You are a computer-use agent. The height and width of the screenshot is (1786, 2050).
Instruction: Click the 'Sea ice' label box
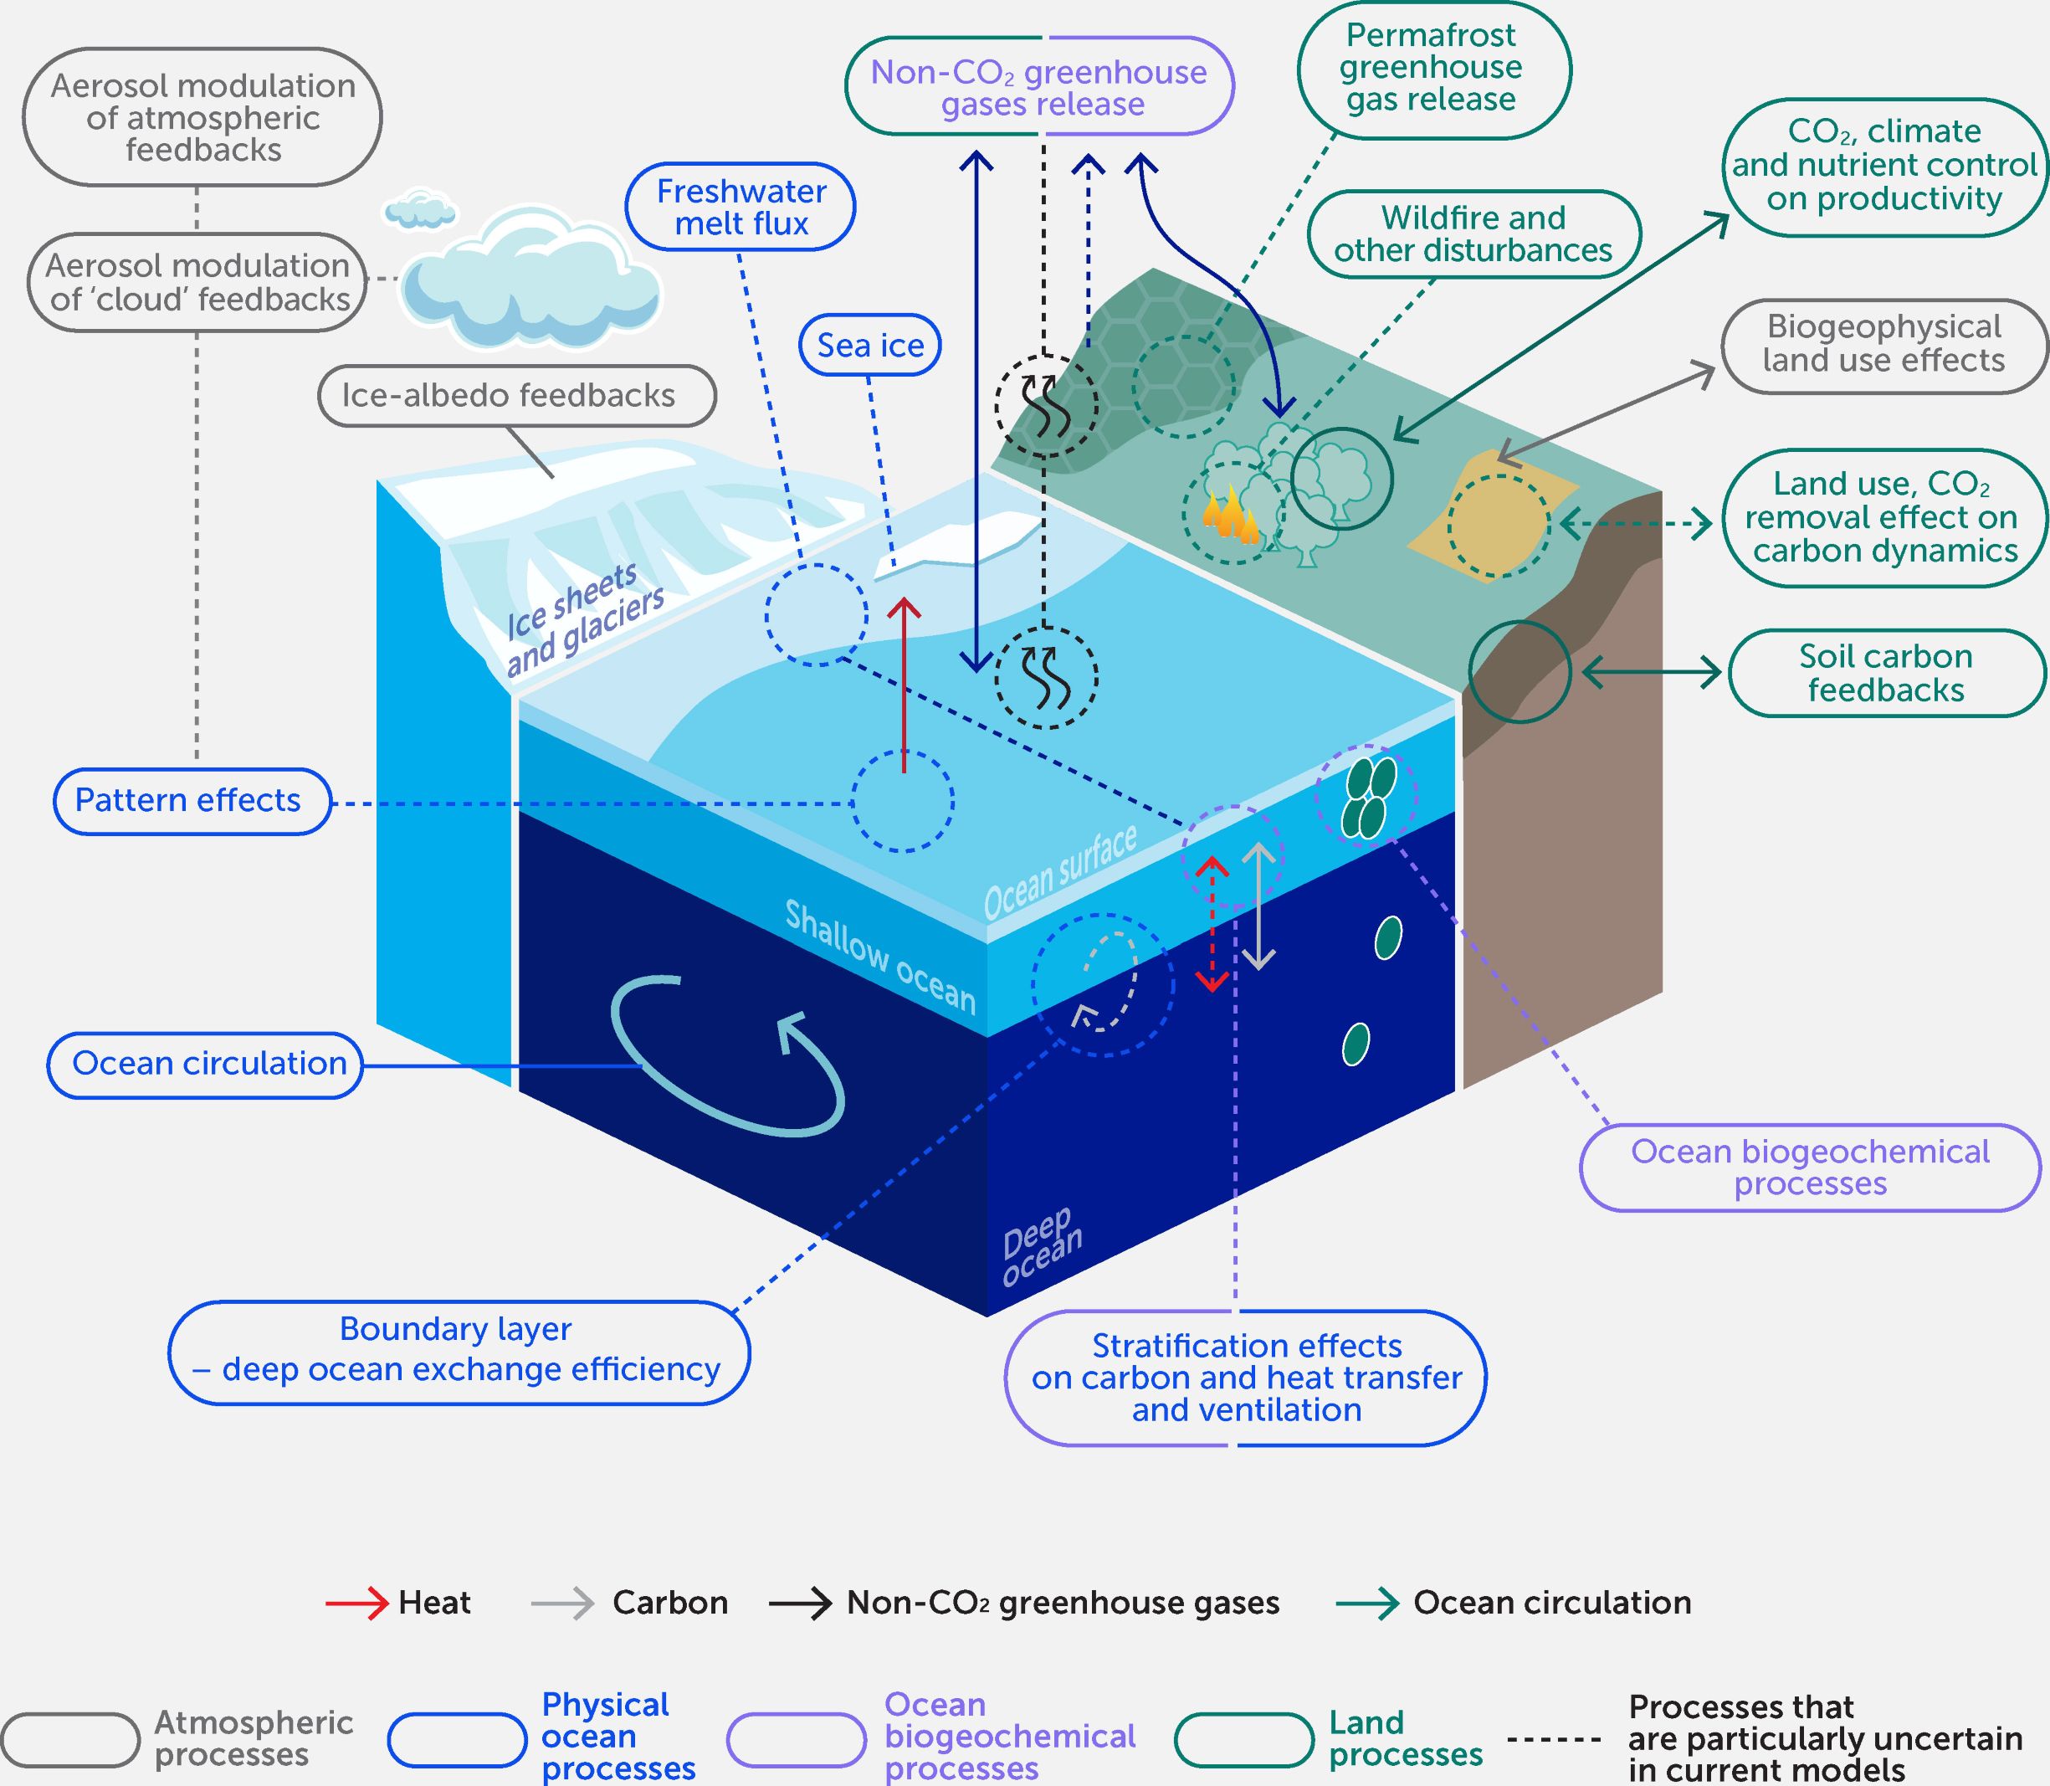[x=869, y=346]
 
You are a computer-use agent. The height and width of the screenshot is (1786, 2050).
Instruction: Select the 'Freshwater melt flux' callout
[x=741, y=208]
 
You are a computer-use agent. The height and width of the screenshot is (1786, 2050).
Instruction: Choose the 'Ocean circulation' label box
[x=205, y=1065]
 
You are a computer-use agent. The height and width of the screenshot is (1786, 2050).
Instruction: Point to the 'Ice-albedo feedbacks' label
[x=516, y=396]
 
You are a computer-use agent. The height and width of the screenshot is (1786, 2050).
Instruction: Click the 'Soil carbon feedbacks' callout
[x=1885, y=674]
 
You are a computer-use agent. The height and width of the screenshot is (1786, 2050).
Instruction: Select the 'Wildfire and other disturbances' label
[x=1473, y=234]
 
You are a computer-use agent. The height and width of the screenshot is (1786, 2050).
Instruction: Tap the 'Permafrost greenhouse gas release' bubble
[x=1433, y=68]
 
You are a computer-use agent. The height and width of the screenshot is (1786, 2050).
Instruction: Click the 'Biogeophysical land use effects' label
[x=1883, y=345]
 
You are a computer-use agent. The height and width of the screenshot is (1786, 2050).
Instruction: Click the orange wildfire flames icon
[x=1230, y=516]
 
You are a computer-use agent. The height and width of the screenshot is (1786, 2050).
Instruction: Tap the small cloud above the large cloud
[x=419, y=210]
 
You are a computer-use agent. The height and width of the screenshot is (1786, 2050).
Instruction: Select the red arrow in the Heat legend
[x=356, y=1603]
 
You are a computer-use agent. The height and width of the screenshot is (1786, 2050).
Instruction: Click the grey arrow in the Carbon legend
[x=562, y=1603]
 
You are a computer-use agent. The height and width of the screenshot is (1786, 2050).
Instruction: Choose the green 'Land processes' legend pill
[x=1243, y=1738]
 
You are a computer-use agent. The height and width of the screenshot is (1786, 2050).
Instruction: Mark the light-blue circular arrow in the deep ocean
[x=727, y=1056]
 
